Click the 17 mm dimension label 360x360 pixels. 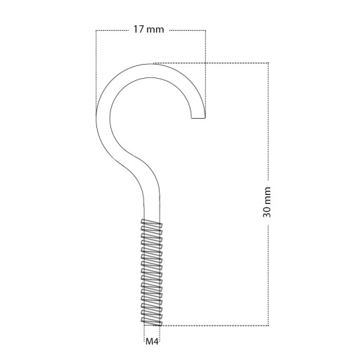pyautogui.click(x=148, y=30)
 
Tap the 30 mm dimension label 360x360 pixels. pyautogui.click(x=266, y=202)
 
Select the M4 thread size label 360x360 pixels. pyautogui.click(x=152, y=342)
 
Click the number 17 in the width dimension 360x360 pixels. pyautogui.click(x=139, y=30)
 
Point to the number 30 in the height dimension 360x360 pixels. pyautogui.click(x=266, y=212)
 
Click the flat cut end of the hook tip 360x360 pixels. pyautogui.click(x=198, y=118)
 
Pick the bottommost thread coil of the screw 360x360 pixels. pyautogui.click(x=151, y=321)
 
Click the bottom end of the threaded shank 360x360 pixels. pyautogui.click(x=152, y=325)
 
